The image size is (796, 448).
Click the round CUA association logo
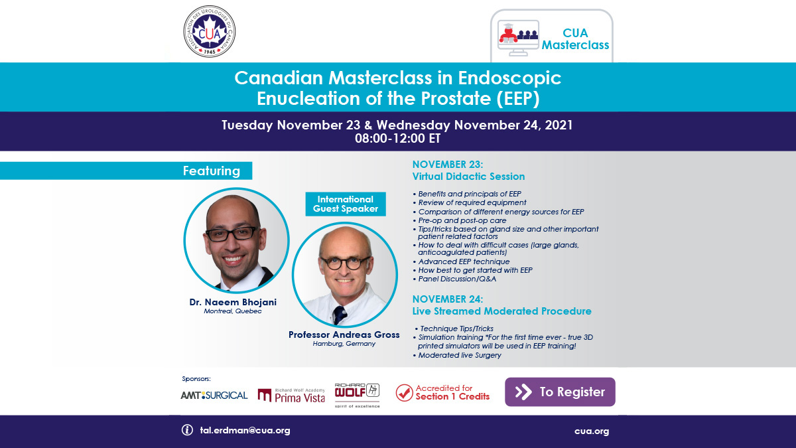point(209,31)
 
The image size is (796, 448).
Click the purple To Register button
point(560,392)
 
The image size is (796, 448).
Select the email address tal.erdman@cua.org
point(245,430)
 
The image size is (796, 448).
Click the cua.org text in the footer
point(592,431)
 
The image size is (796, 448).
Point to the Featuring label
point(211,171)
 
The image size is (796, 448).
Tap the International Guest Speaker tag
point(345,204)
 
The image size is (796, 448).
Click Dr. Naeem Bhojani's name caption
point(233,303)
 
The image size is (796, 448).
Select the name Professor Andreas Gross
point(344,335)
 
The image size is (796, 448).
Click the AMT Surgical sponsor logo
point(214,395)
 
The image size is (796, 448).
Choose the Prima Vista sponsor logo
point(291,396)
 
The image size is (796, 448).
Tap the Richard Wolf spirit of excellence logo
point(358,394)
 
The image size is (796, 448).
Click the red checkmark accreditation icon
point(404,392)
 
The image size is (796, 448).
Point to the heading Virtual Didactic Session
point(468,177)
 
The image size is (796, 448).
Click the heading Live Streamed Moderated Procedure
point(501,311)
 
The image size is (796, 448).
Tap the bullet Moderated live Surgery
point(459,356)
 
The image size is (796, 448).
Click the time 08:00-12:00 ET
point(397,139)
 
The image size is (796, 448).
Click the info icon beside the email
point(187,430)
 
